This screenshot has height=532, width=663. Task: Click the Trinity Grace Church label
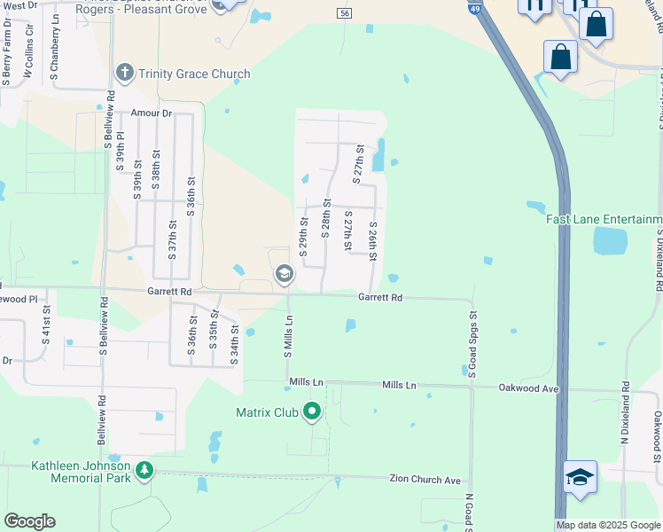pyautogui.click(x=194, y=74)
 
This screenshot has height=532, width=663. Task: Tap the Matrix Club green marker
pyautogui.click(x=311, y=411)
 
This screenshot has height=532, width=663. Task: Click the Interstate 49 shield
pyautogui.click(x=476, y=9)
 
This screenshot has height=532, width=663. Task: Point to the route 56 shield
pyautogui.click(x=345, y=12)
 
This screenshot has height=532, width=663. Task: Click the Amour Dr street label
pyautogui.click(x=151, y=113)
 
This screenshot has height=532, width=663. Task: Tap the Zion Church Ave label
pyautogui.click(x=425, y=480)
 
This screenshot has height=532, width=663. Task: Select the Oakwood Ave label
pyautogui.click(x=528, y=387)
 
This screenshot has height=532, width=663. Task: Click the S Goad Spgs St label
pyautogui.click(x=472, y=342)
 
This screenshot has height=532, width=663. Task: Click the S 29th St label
pyautogui.click(x=303, y=237)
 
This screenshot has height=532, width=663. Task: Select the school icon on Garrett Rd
pyautogui.click(x=284, y=274)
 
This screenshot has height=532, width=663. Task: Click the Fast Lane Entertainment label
pyautogui.click(x=604, y=219)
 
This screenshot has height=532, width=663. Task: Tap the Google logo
pyautogui.click(x=29, y=521)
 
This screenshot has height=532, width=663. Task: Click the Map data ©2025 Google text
pyautogui.click(x=608, y=525)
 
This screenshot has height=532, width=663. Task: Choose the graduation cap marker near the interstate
pyautogui.click(x=580, y=477)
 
